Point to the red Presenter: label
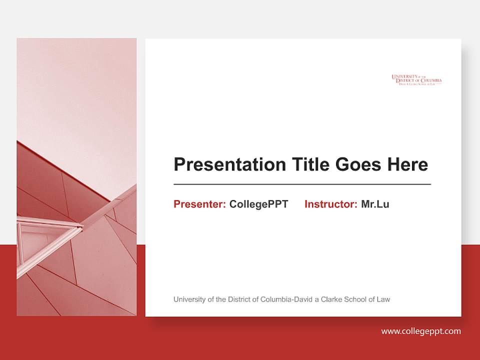[199, 204]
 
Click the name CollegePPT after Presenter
[258, 204]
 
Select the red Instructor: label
[330, 204]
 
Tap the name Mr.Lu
[375, 204]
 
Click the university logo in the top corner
[416, 80]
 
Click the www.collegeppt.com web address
[421, 331]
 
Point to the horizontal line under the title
[302, 184]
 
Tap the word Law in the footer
[383, 299]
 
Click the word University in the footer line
[188, 299]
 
